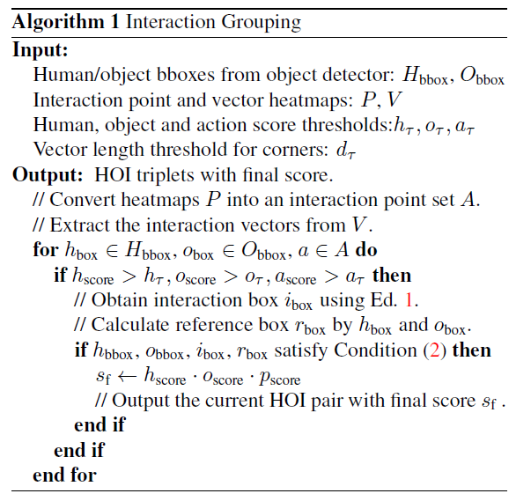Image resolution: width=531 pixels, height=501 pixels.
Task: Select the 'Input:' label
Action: click(x=41, y=50)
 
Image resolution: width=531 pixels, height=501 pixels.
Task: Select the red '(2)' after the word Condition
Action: click(x=435, y=350)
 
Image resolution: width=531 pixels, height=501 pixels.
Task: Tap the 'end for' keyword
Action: click(x=64, y=475)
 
